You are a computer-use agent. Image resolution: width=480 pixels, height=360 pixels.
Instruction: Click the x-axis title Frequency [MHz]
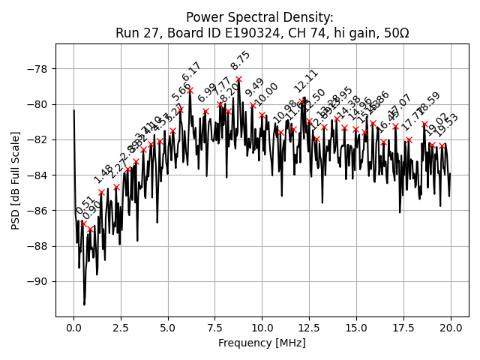262,343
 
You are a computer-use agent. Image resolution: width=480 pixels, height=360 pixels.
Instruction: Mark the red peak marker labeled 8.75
238,79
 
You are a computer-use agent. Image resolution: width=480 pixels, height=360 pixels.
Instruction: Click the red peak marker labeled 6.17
190,90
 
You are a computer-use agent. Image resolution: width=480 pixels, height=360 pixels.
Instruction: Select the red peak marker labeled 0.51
83,223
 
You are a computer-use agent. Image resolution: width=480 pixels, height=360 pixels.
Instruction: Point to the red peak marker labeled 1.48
101,192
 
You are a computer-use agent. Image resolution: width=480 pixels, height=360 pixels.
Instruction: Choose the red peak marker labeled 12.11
303,100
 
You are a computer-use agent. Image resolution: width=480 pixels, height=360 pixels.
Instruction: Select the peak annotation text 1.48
103,174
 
